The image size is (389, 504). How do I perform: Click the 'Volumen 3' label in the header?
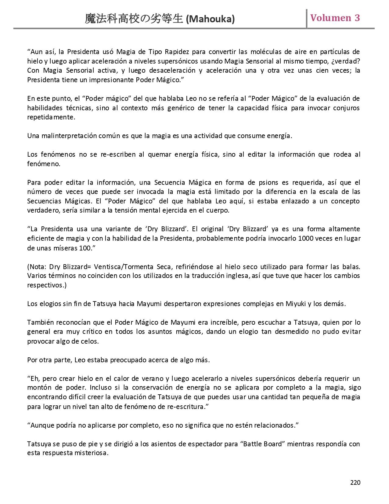click(335, 18)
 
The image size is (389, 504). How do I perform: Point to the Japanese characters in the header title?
click(134, 19)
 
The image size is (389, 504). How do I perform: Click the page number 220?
click(355, 482)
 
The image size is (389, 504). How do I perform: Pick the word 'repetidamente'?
click(51, 117)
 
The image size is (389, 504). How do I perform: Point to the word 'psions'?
click(268, 182)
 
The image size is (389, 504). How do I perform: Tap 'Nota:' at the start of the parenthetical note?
click(37, 266)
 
